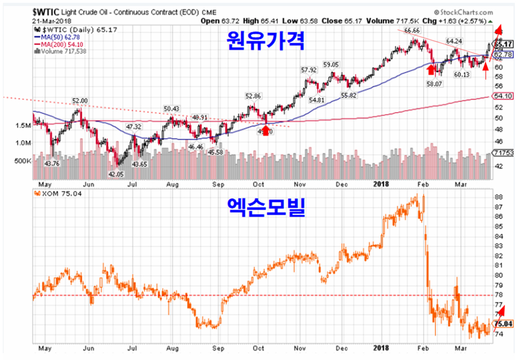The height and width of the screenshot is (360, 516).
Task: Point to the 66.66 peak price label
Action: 413,30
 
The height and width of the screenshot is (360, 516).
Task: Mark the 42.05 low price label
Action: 115,175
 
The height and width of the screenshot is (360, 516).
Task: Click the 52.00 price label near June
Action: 79,101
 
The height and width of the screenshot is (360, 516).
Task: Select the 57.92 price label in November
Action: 309,70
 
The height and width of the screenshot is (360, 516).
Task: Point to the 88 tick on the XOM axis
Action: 499,197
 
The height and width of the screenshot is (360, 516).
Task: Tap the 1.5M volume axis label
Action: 23,126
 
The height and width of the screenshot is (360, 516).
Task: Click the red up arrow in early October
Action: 265,131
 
